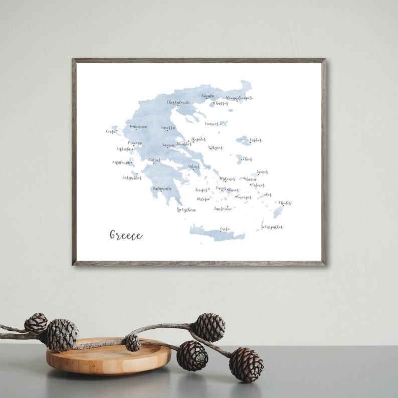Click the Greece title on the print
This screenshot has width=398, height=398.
point(126,235)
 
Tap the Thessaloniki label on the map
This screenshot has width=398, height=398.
point(178,102)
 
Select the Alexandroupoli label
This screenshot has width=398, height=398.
point(239,98)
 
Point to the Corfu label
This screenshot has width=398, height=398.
point(111,131)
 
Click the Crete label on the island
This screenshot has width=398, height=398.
point(225,229)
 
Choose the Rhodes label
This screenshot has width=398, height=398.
point(285,203)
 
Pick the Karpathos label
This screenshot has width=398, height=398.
point(274,227)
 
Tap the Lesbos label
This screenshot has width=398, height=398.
point(256,140)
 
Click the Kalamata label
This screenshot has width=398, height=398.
point(162,188)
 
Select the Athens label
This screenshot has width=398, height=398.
point(194,166)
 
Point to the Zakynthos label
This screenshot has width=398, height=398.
point(132,177)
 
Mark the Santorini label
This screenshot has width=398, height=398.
point(223,209)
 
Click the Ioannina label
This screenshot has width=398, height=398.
point(138,127)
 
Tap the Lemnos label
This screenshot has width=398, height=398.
point(212,123)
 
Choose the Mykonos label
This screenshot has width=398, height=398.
point(227,179)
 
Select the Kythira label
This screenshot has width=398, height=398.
point(188,210)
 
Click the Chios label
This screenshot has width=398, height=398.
point(247,159)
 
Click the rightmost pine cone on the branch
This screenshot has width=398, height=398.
point(246,364)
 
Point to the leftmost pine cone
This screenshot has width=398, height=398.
point(36,323)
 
